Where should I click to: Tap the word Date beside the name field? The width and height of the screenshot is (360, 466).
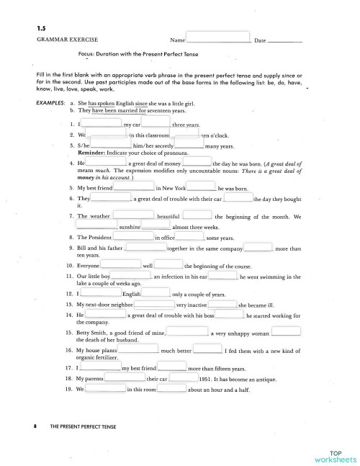[261, 40]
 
